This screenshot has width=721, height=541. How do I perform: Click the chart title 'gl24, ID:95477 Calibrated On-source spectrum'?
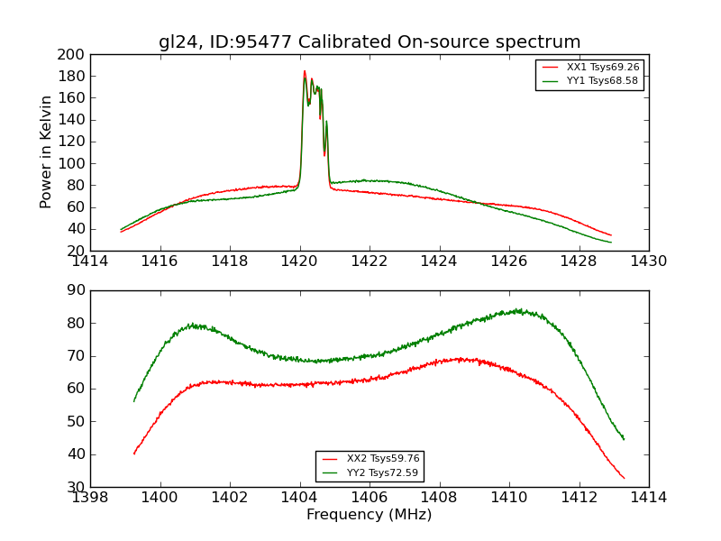[370, 42]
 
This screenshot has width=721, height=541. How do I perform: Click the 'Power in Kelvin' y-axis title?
[46, 152]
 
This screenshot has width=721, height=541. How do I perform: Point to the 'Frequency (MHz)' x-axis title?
[370, 515]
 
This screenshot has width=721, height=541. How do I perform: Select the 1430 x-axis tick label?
[649, 261]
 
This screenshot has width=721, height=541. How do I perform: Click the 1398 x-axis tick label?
[91, 498]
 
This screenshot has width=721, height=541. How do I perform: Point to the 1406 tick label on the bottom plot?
[370, 498]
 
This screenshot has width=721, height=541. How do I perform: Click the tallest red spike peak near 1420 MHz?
[305, 71]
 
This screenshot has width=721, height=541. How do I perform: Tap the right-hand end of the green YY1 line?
[611, 243]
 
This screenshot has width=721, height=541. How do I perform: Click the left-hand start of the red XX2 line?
[134, 454]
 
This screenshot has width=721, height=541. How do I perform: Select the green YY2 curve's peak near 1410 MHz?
[518, 310]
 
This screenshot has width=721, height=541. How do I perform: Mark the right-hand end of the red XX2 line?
[624, 478]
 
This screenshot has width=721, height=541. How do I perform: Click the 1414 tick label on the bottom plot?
[649, 498]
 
